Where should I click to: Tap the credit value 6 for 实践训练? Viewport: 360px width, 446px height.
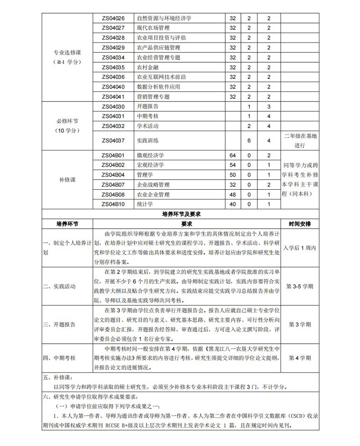[249, 141]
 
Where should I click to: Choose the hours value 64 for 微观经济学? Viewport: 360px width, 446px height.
[233, 155]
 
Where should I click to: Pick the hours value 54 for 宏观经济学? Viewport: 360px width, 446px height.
[233, 165]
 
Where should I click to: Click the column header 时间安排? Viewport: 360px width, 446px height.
[301, 223]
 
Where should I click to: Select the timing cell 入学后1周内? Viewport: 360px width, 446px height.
[301, 248]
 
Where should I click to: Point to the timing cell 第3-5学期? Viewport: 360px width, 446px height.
[301, 286]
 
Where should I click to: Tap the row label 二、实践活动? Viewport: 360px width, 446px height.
[59, 286]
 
